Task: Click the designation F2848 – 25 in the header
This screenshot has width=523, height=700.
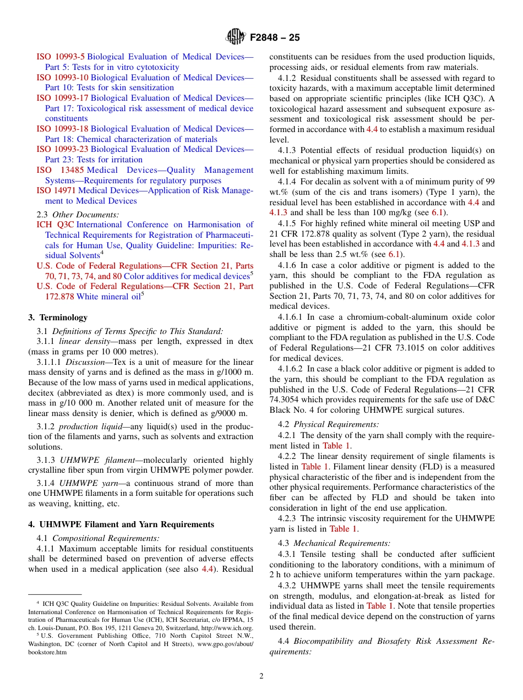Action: (275, 38)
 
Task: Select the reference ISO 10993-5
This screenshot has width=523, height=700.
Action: (61, 57)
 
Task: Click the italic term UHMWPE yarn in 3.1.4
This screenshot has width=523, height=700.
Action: (84, 483)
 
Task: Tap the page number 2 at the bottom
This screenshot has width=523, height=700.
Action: (261, 676)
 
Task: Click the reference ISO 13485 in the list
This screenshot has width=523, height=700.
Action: (61, 170)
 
